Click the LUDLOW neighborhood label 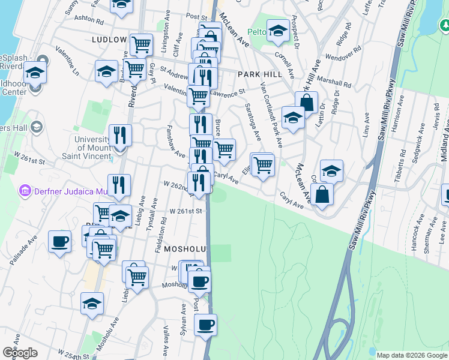click(x=109, y=39)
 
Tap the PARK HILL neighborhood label click(x=259, y=74)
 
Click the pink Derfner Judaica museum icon click(x=25, y=191)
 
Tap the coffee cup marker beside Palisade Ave click(x=59, y=242)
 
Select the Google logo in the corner click(x=20, y=353)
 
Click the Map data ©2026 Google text click(x=411, y=355)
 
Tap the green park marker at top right click(x=445, y=25)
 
